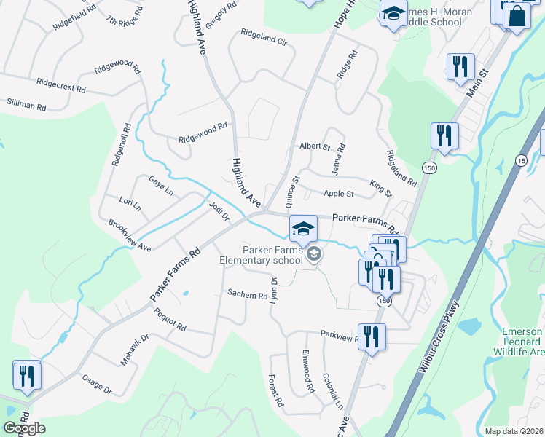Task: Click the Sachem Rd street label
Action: [248, 295]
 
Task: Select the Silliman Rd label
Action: [26, 106]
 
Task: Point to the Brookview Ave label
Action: [129, 235]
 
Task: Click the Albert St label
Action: [315, 146]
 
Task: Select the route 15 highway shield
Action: [521, 160]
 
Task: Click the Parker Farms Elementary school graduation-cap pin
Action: [303, 227]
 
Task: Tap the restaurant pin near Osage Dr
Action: [27, 375]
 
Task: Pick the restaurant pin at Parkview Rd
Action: [372, 336]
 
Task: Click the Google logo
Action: [24, 428]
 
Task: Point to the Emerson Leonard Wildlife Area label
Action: [522, 342]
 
